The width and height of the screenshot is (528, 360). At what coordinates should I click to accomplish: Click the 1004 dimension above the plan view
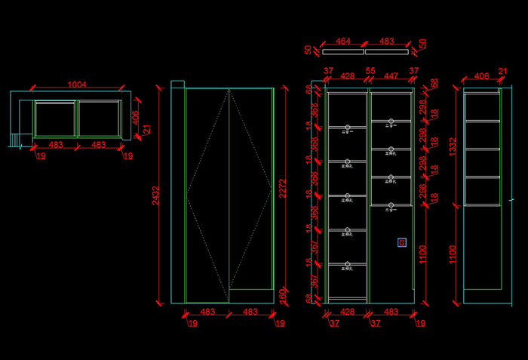(76, 85)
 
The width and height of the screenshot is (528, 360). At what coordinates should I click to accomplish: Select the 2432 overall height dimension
(153, 198)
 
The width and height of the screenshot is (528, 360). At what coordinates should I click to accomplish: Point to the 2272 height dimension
(280, 198)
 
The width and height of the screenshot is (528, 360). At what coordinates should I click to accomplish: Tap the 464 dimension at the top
(343, 42)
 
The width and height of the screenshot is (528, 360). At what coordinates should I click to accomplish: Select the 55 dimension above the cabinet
(370, 71)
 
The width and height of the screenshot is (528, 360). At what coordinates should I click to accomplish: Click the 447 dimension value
(391, 75)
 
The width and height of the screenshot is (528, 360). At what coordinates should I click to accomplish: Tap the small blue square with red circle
(402, 242)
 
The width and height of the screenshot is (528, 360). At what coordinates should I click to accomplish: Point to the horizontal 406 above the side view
(482, 75)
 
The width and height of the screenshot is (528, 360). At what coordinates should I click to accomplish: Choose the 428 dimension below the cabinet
(348, 311)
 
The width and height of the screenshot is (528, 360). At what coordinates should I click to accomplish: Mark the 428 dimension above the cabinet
(348, 75)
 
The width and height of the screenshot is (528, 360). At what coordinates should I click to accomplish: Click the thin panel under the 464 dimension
(343, 52)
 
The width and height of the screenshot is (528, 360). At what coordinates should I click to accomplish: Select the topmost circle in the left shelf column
(348, 127)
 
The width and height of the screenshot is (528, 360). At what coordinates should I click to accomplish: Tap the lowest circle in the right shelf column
(391, 205)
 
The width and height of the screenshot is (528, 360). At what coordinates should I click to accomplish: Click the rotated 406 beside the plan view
(136, 118)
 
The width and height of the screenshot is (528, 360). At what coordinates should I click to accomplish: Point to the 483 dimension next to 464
(386, 42)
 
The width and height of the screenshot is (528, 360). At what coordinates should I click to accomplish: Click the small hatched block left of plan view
(15, 140)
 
